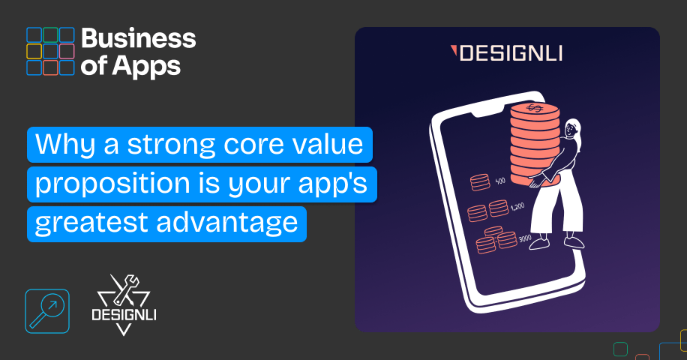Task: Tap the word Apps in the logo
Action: pos(146,67)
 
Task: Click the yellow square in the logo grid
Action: pos(34,51)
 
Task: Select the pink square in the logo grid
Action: pos(67,51)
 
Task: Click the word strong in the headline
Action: pos(172,145)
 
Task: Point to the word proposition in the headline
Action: pos(112,184)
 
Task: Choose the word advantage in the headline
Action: pos(227,223)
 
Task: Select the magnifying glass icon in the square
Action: pos(47,311)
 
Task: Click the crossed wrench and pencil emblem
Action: pos(124,290)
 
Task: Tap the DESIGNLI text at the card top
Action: pos(511,53)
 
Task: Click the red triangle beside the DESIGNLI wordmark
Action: pos(454,50)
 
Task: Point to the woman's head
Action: pos(571,129)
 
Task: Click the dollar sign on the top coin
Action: pos(535,108)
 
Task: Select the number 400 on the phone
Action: pos(500,181)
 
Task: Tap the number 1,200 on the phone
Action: pos(517,206)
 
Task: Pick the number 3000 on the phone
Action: pos(525,238)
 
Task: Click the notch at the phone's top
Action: pos(488,111)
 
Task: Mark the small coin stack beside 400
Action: pos(480,182)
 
